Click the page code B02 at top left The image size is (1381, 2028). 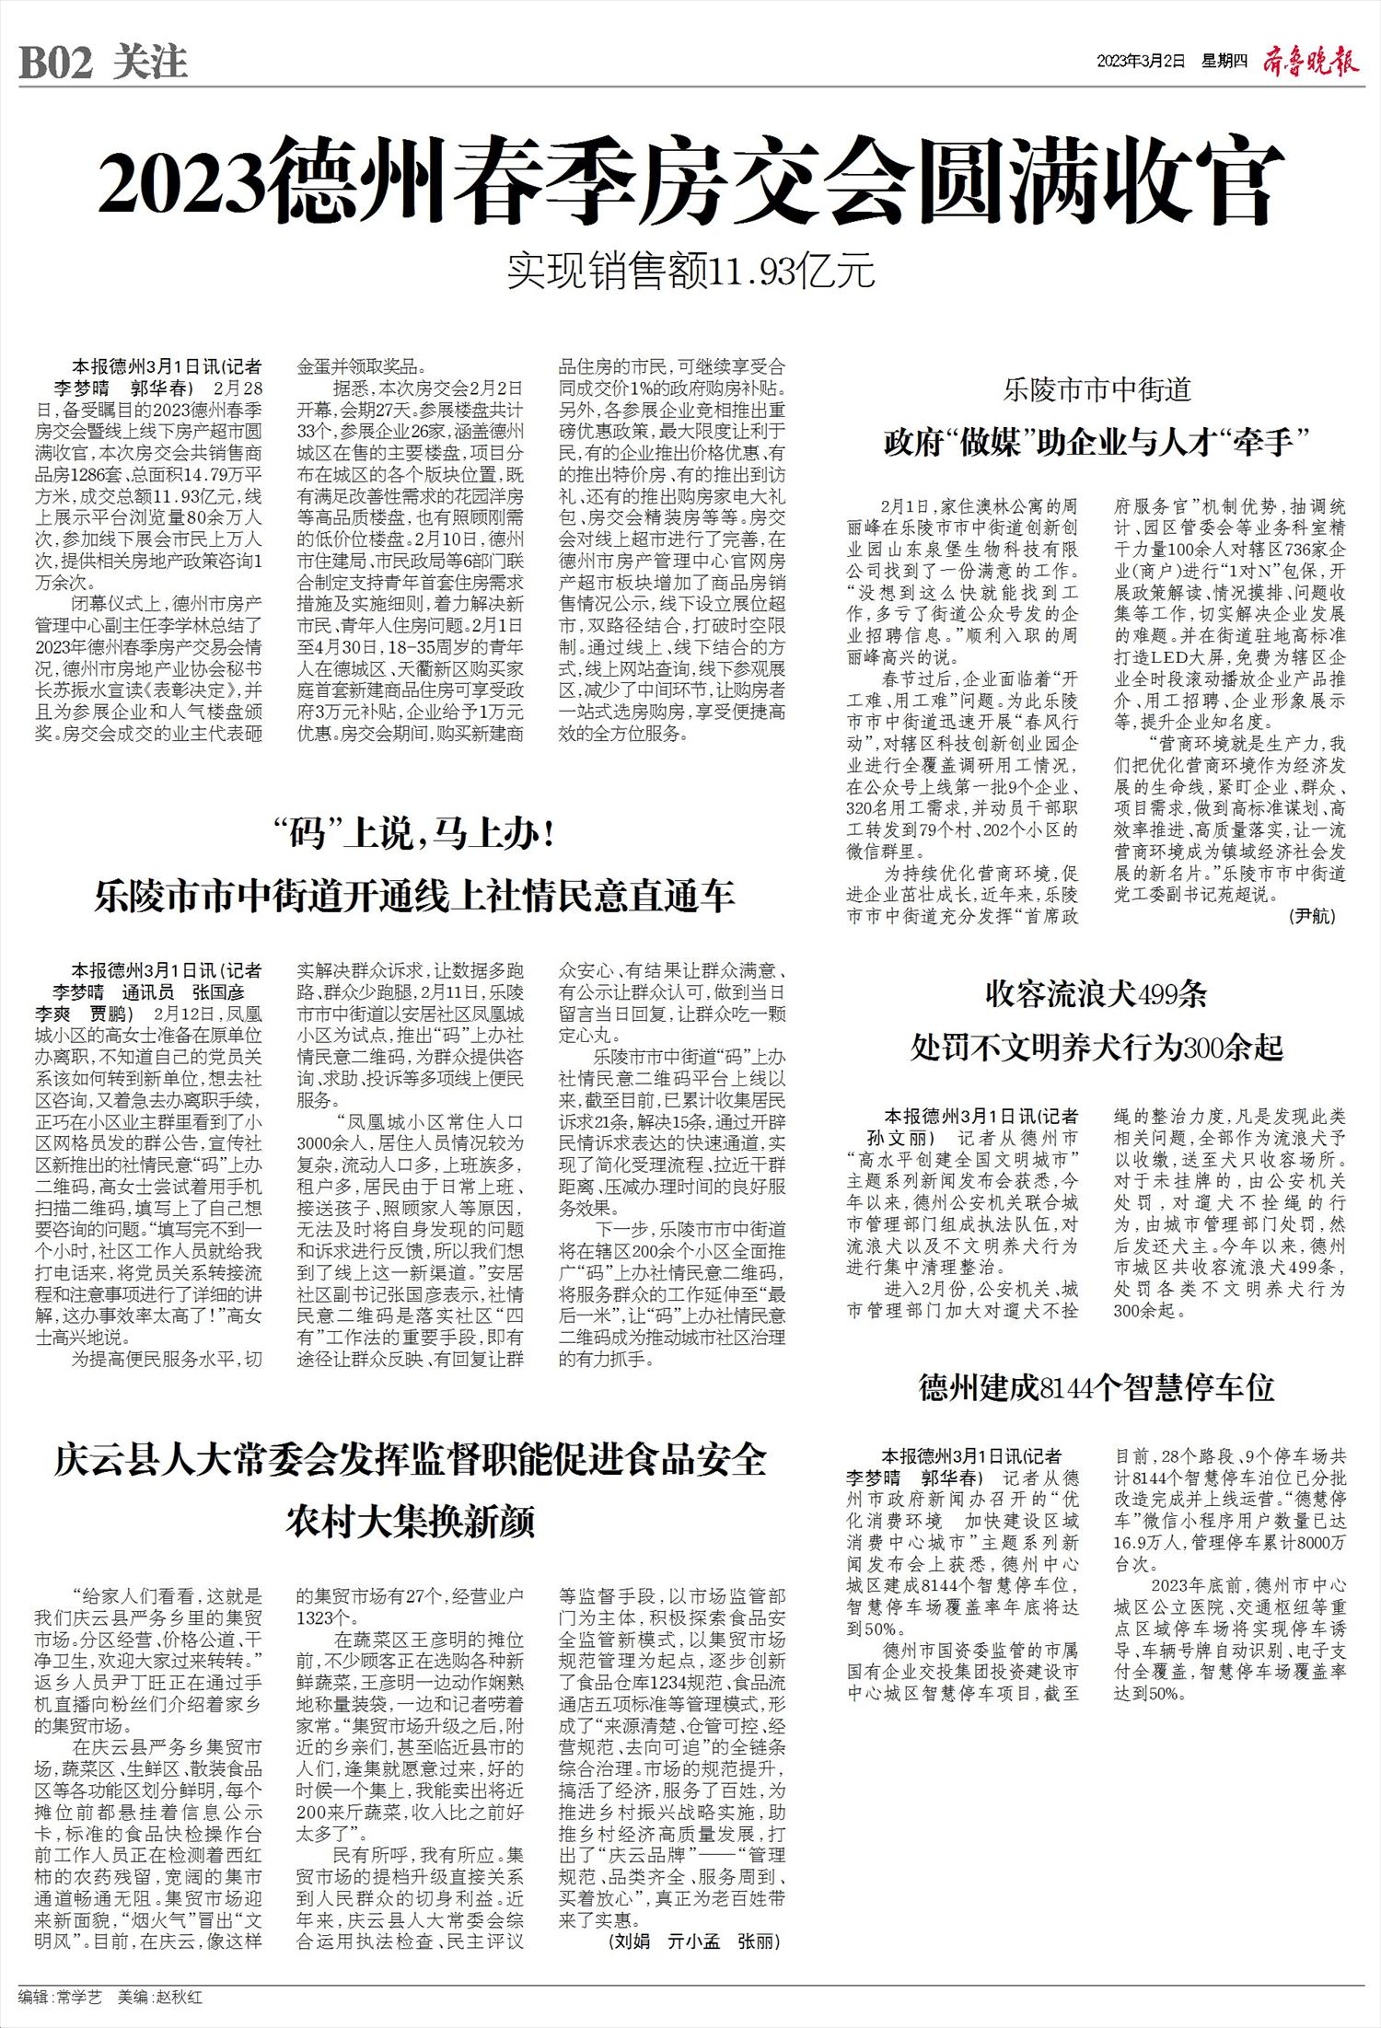coord(56,64)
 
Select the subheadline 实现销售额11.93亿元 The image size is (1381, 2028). coord(690,272)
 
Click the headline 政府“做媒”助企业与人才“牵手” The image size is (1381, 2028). coord(1097,442)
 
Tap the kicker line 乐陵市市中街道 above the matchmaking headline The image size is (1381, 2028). coord(1097,389)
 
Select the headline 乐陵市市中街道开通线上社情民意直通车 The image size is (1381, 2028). coord(414,897)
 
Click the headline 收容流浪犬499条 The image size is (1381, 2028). coord(1096,995)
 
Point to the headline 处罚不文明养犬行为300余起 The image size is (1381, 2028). coord(1097,1047)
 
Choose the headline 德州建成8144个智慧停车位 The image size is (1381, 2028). coord(1097,1386)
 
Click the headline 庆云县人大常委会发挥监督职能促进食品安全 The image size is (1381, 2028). coord(411,1462)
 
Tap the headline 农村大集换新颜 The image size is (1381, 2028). coord(411,1523)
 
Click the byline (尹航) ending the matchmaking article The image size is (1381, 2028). coord(1312,916)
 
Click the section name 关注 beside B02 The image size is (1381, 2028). coord(150,64)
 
